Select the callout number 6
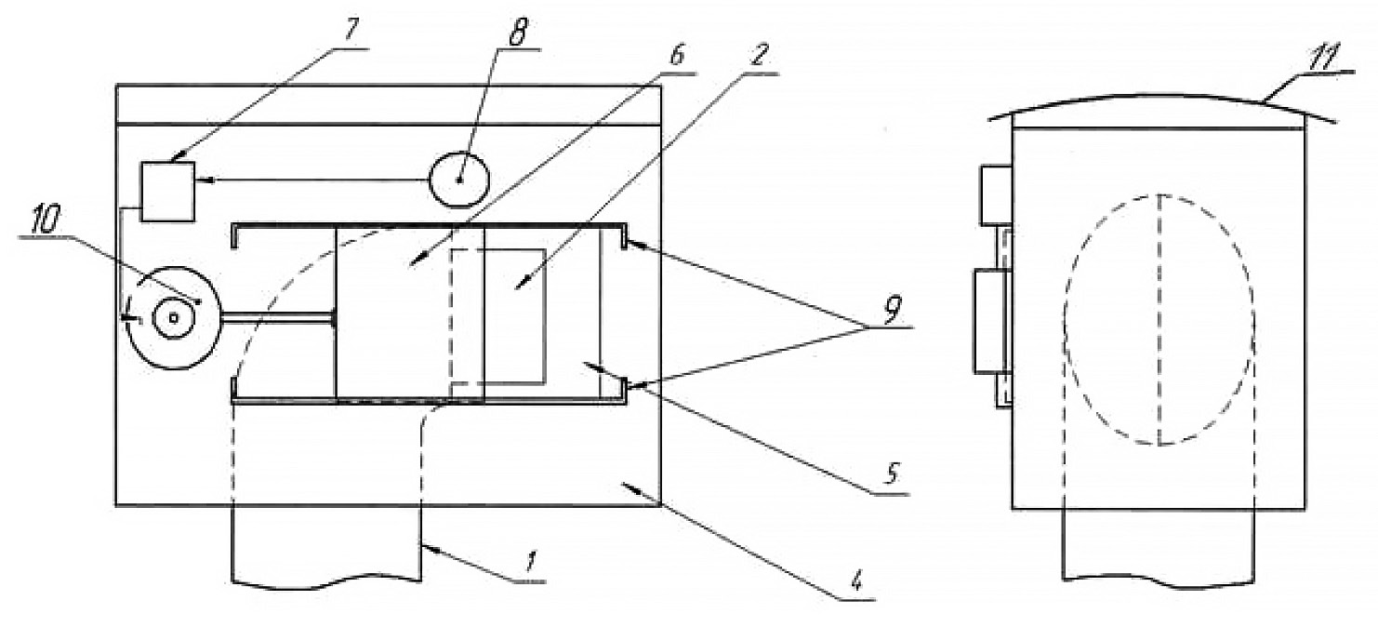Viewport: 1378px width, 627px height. click(x=677, y=54)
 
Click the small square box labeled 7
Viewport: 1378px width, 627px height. click(x=167, y=191)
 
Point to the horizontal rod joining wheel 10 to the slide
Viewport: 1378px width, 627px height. click(x=276, y=318)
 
